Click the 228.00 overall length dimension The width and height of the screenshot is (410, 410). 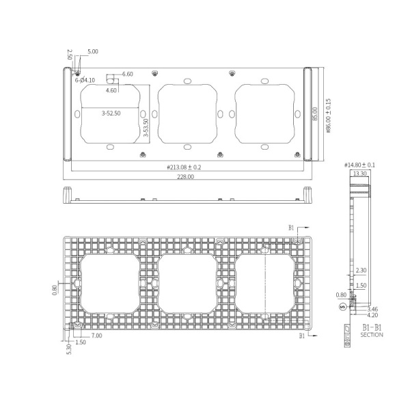pos(186,176)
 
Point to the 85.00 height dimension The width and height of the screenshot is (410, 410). pos(315,113)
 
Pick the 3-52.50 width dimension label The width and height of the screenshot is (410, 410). pos(111,113)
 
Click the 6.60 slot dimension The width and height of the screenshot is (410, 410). pos(128,74)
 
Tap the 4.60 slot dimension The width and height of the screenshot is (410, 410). pos(111,90)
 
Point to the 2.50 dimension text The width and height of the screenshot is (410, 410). pos(70,54)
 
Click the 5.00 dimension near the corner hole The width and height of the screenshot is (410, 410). pos(92,51)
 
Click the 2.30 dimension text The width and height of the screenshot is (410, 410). pos(360,271)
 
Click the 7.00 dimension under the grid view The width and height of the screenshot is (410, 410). pos(97,336)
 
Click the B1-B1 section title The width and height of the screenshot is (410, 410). pos(370,328)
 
